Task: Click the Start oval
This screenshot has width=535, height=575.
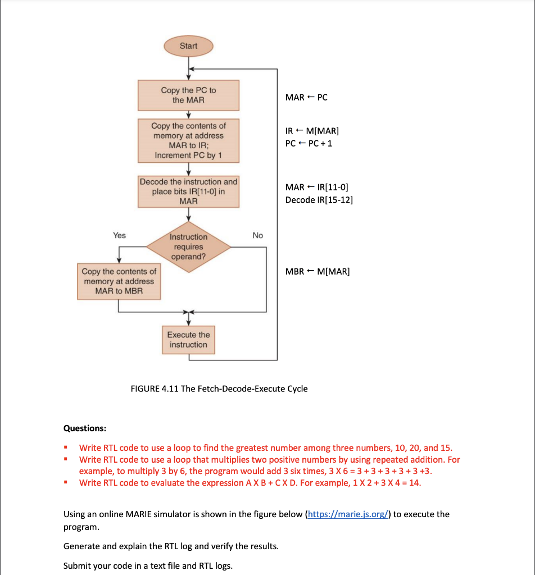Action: (188, 46)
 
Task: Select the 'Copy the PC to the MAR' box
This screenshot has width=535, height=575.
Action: (188, 95)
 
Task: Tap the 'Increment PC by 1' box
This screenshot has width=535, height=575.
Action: (188, 140)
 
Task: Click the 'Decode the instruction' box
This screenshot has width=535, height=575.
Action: (188, 191)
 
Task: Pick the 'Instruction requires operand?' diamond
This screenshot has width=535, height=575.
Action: (188, 247)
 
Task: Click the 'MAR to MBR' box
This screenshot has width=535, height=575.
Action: (119, 281)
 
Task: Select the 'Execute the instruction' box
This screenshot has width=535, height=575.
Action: (188, 340)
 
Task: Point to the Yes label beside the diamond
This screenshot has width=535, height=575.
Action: (119, 235)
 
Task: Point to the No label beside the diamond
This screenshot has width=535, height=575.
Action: (257, 235)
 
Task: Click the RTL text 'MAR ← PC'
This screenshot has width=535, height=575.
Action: (306, 97)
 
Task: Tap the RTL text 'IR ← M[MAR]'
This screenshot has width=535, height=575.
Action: (312, 131)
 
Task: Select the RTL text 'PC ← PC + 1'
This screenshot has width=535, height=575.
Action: (309, 143)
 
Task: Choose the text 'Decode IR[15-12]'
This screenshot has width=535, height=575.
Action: (319, 200)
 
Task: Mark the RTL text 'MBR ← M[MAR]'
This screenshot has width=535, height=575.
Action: (317, 272)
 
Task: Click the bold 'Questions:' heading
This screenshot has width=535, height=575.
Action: (85, 428)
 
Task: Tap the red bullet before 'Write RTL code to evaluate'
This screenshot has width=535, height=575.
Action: (66, 482)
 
